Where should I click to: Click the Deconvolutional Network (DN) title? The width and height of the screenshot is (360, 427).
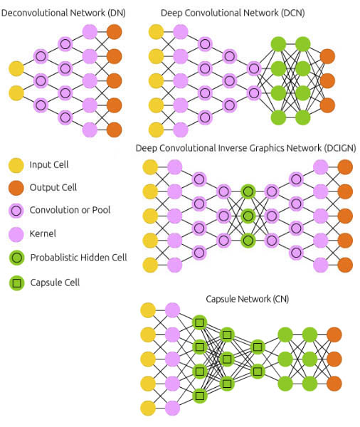63,13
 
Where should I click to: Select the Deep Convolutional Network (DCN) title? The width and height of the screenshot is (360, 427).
233,13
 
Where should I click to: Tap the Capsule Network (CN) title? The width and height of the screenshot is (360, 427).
248,299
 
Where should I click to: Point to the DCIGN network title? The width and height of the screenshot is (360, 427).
246,148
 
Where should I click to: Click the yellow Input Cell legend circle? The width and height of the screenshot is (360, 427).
16,165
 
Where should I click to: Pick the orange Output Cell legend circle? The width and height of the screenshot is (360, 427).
16,188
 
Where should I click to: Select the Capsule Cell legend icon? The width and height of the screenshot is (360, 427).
17,283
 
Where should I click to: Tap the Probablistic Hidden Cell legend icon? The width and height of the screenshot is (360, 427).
17,258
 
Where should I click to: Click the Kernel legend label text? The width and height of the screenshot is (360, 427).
43,233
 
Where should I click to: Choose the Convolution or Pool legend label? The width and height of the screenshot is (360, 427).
70,210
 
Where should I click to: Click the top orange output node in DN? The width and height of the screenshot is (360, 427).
114,32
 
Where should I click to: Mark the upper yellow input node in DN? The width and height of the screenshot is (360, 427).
16,68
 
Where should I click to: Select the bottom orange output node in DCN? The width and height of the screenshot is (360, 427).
327,105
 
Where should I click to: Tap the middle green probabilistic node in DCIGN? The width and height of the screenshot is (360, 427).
248,216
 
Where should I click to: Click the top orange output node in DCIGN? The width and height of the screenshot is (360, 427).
345,167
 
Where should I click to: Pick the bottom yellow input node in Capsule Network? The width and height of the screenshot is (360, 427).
148,408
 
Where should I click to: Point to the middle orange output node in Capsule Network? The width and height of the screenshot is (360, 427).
334,359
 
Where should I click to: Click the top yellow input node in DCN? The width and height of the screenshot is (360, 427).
156,32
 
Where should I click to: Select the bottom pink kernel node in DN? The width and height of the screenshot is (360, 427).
90,130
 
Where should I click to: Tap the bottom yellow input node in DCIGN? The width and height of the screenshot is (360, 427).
150,265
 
